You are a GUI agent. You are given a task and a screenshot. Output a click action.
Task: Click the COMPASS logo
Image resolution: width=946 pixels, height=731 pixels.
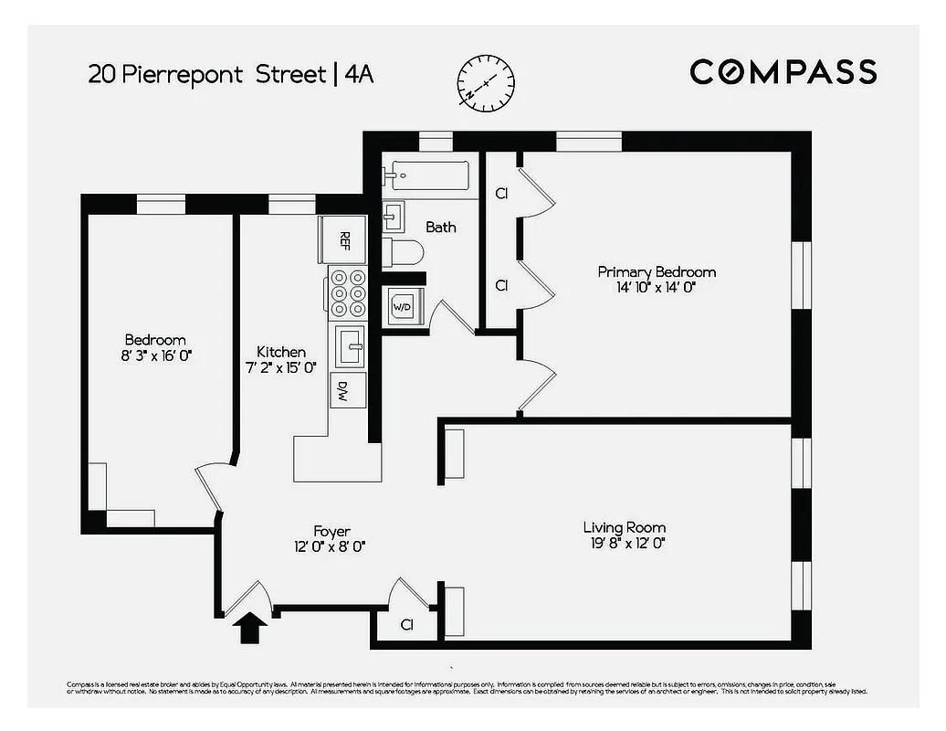pos(783,71)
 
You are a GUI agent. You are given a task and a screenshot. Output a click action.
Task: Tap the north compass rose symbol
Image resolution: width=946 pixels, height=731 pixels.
pos(487,82)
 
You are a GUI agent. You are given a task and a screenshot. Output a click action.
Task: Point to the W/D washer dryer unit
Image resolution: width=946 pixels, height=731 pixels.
pos(402,307)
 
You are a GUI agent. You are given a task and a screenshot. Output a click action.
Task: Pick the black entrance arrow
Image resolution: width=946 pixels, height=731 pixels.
pos(250,629)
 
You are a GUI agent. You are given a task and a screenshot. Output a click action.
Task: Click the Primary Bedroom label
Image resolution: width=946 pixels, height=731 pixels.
pos(657,272)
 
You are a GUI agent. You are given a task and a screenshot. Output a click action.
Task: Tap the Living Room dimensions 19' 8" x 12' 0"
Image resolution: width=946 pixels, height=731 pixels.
pos(625,543)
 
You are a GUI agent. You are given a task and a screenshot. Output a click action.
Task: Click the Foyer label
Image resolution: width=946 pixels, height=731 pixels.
pos(331,531)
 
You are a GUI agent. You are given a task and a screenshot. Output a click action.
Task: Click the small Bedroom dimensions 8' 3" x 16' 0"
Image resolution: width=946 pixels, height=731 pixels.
pos(155,355)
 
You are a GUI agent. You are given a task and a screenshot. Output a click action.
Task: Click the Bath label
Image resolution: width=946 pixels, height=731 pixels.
pos(441,227)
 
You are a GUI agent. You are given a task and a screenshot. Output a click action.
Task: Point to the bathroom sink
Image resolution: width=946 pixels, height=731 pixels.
pos(393,216)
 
